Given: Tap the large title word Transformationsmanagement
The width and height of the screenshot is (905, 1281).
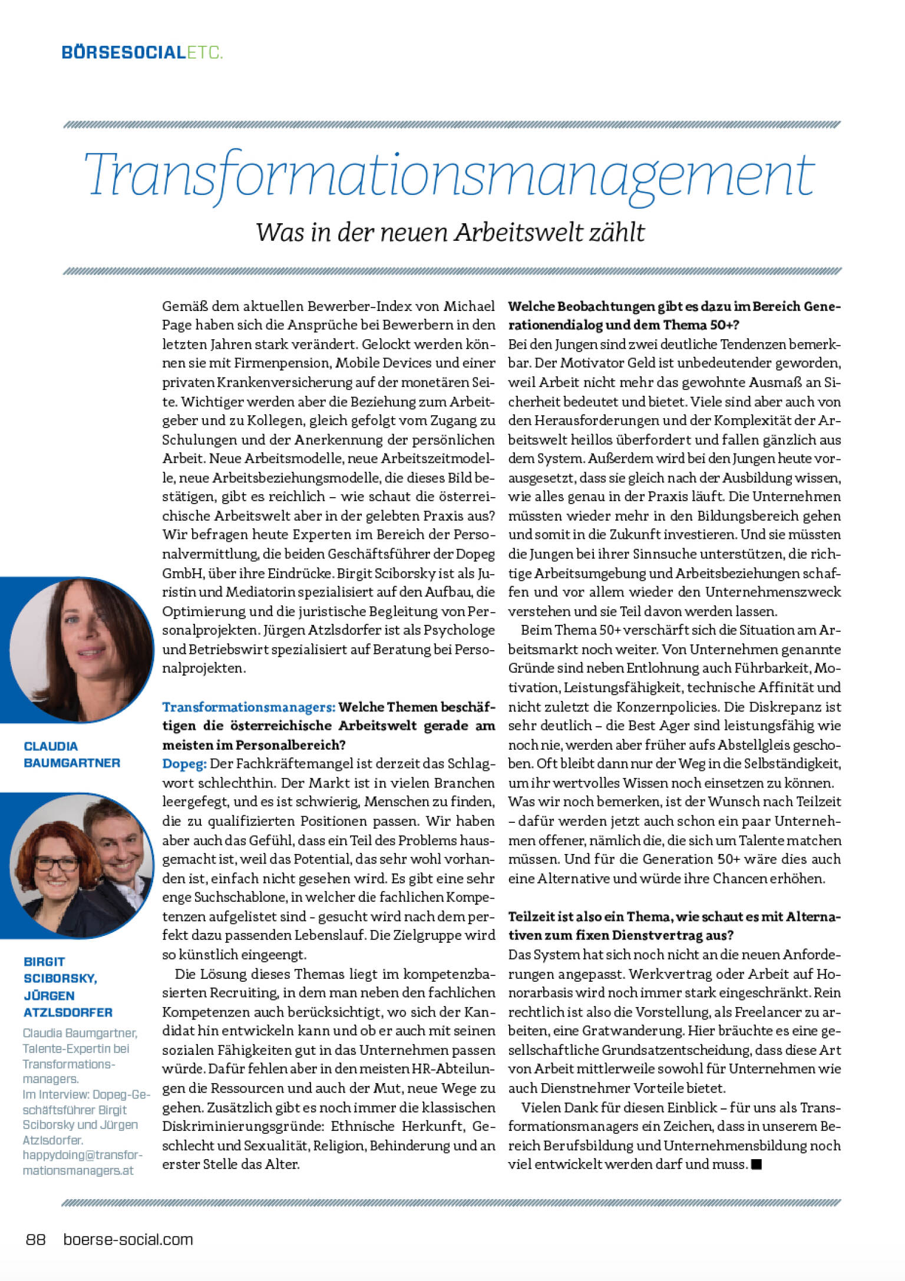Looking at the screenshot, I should (x=451, y=176).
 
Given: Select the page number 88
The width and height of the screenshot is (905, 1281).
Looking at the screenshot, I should (x=36, y=1240).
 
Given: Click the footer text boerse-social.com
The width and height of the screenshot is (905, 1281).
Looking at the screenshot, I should (x=128, y=1240).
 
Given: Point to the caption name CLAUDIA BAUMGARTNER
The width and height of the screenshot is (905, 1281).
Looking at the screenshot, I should (x=71, y=754).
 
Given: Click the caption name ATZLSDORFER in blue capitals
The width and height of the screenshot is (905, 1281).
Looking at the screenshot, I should (x=68, y=1012).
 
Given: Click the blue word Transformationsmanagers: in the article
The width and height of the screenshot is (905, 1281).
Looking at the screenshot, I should (x=249, y=707).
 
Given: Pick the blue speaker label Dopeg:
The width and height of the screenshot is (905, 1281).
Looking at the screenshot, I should (x=184, y=764).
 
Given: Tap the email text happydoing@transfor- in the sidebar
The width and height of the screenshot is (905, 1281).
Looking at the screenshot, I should (x=82, y=1155).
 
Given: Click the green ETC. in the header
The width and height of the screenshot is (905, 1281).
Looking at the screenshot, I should (x=204, y=53).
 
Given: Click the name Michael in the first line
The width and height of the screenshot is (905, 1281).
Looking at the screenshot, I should (x=469, y=306).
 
